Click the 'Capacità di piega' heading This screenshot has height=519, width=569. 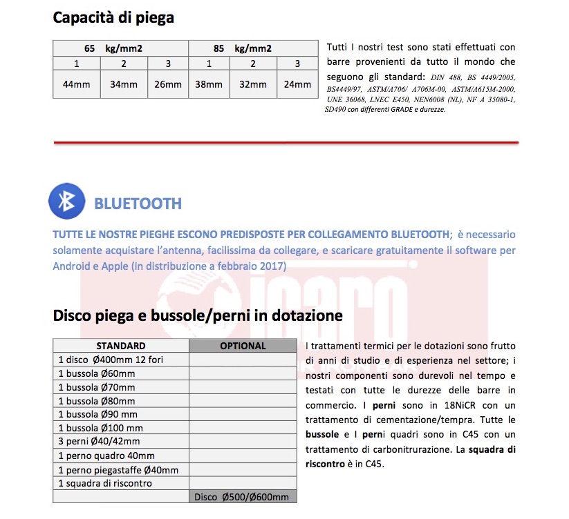[x=113, y=18]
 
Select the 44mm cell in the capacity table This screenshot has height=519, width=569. [x=76, y=84]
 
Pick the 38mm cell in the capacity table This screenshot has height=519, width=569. [x=209, y=84]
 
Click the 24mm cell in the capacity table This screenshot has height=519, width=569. [x=297, y=84]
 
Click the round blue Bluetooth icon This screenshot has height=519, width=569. [x=66, y=202]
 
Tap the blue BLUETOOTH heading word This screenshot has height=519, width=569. [x=138, y=204]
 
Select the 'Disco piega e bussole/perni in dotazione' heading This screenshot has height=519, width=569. [x=198, y=316]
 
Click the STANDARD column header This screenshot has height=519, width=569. [x=121, y=346]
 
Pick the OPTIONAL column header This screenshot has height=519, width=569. [x=243, y=346]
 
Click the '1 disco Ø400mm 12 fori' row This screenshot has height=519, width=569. [x=111, y=360]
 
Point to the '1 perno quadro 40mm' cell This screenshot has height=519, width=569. [x=106, y=456]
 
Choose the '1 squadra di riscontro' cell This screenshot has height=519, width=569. [x=105, y=483]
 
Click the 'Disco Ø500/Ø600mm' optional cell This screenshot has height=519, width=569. [x=243, y=497]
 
